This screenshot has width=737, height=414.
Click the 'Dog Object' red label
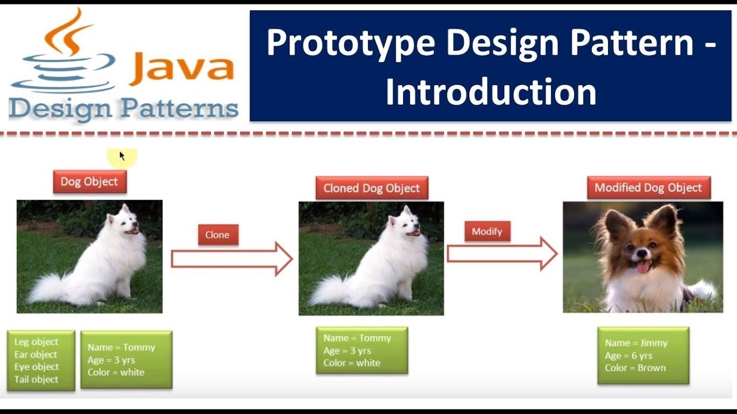point(89,182)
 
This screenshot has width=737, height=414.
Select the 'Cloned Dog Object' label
point(371,188)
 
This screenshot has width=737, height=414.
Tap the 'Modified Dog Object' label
point(648,188)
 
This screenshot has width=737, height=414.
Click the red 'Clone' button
point(218,235)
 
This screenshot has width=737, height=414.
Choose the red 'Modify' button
point(487,232)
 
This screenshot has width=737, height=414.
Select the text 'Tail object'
point(36,379)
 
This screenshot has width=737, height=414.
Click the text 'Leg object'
point(36,342)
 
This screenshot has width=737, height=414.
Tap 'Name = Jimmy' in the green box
point(636,343)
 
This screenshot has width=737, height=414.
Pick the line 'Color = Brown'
point(635,368)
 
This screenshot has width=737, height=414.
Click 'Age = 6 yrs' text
point(628,355)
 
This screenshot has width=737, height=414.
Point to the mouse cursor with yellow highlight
point(122,155)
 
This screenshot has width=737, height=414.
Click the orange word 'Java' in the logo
point(181,68)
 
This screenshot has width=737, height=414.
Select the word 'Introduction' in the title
point(491,92)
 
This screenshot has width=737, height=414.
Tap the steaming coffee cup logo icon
point(63,55)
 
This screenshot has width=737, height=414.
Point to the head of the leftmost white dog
point(123,221)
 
